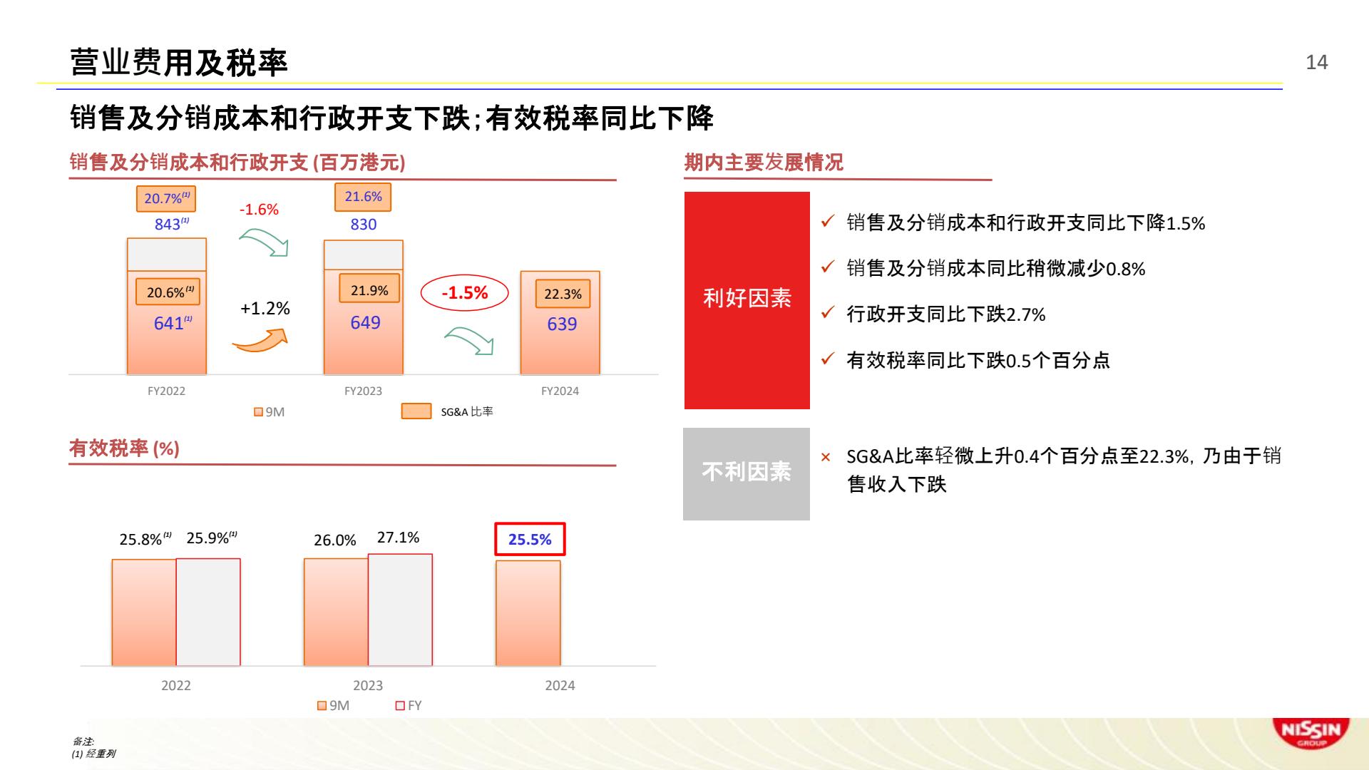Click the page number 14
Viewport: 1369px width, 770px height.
[1316, 63]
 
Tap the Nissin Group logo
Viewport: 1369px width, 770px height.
[1311, 733]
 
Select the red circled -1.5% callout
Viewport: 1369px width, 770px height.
[464, 293]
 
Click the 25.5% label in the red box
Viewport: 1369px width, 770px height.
[530, 539]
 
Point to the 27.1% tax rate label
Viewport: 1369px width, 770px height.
[398, 538]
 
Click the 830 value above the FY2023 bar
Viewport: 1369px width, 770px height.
[363, 224]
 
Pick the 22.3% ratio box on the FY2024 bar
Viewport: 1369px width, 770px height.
[563, 294]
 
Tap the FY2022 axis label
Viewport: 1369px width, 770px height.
[166, 391]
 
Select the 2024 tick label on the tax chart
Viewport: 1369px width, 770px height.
[560, 685]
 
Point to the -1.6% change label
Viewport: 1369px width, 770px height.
[259, 210]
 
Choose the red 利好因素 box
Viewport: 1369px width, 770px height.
[747, 300]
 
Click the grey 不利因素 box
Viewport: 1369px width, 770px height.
[746, 473]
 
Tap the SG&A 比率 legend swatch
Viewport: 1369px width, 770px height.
[416, 411]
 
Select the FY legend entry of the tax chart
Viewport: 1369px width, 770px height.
[409, 705]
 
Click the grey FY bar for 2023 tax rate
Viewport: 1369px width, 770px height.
[400, 610]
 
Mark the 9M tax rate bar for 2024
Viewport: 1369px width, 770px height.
[528, 613]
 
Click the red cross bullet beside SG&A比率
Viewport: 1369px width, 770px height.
[826, 457]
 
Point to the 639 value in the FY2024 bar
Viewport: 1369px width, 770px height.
[562, 324]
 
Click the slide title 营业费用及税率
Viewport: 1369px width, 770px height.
[179, 63]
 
